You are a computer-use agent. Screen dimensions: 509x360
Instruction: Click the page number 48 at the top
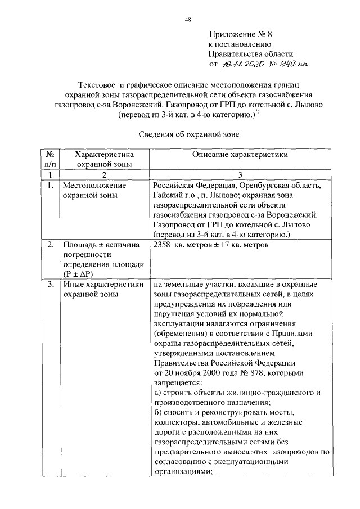point(188,20)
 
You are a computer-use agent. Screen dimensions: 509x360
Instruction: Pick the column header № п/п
point(49,159)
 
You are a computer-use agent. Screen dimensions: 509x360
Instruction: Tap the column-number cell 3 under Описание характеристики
point(240,175)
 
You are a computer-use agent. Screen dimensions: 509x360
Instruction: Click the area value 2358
point(163,245)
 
